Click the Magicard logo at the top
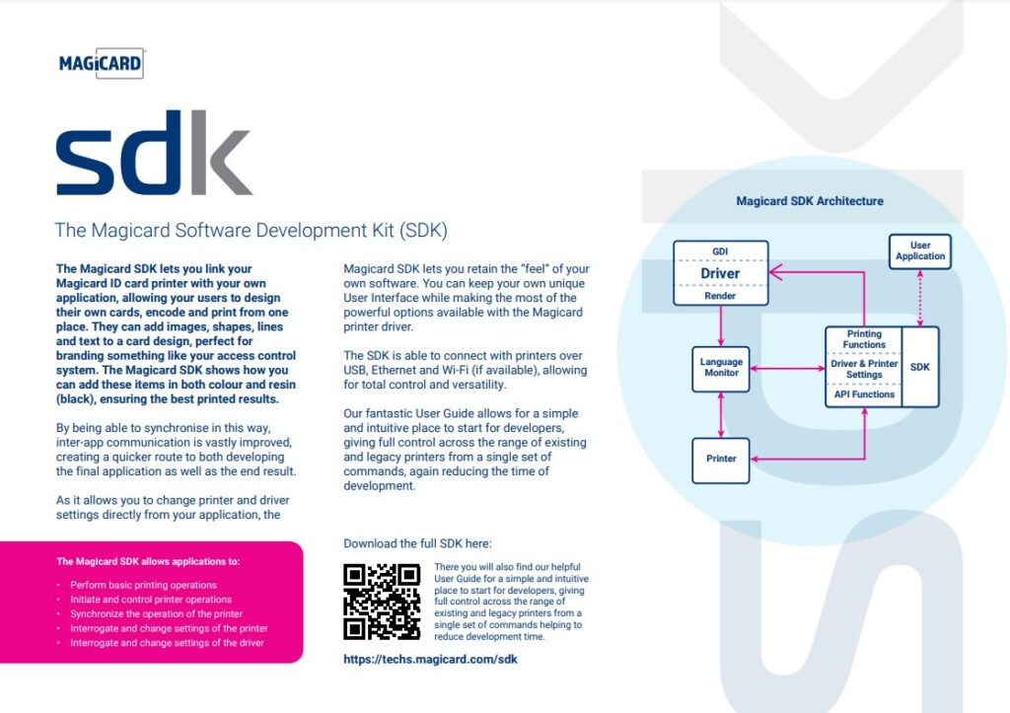[x=101, y=65]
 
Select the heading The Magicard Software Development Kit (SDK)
[x=252, y=231]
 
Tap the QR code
[x=382, y=602]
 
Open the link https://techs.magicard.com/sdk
[x=430, y=659]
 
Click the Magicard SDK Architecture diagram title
[x=810, y=201]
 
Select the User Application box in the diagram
[x=919, y=250]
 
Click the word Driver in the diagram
[x=720, y=273]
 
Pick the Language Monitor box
[x=721, y=368]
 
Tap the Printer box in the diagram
[x=721, y=459]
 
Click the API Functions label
[x=863, y=394]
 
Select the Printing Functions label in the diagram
[x=863, y=339]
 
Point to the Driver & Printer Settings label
[x=863, y=368]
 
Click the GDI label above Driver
[x=720, y=250]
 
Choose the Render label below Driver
[x=720, y=295]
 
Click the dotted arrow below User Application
[x=920, y=297]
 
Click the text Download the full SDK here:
[x=417, y=543]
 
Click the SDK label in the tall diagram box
[x=919, y=367]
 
